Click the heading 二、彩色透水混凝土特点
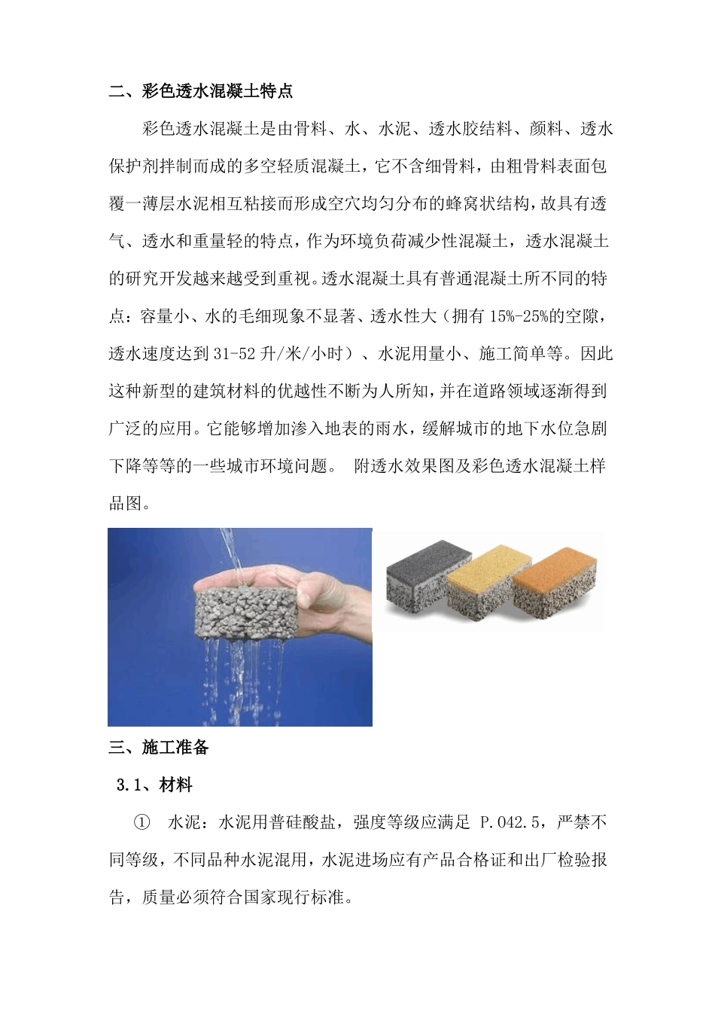(201, 92)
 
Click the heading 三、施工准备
(159, 747)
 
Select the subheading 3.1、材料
(154, 785)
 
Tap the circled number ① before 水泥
(141, 822)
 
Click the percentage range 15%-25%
(519, 316)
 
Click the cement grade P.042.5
(510, 822)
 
